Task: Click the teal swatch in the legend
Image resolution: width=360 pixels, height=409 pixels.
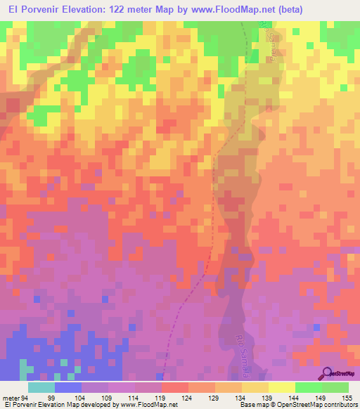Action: [41, 387]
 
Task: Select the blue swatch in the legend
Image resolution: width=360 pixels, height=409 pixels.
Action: [68, 387]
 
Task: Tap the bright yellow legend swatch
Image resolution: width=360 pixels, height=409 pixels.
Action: [282, 387]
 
